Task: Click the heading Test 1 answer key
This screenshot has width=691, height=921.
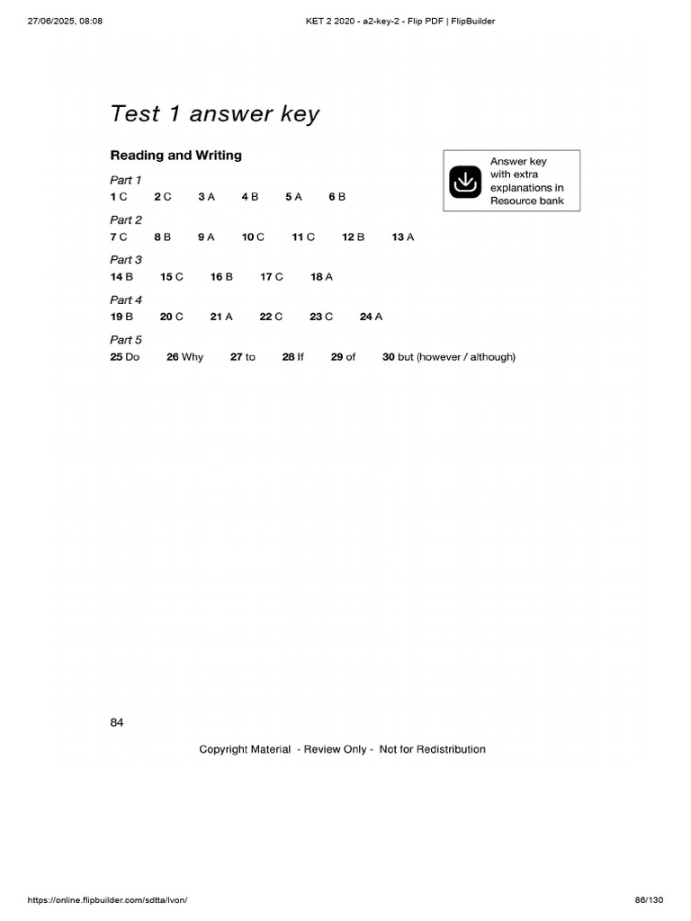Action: (214, 114)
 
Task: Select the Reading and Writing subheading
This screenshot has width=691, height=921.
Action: (175, 156)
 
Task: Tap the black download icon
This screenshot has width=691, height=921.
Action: (465, 181)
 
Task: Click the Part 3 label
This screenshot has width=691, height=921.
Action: (126, 260)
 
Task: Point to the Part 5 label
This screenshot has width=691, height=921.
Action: (126, 340)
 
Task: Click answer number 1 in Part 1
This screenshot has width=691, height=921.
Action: (118, 196)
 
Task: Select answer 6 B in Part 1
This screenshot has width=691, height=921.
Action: (337, 196)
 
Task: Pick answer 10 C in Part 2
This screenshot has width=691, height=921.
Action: (253, 237)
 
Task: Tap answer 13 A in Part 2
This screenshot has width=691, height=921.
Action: (403, 237)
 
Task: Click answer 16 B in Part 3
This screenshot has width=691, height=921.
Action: (221, 277)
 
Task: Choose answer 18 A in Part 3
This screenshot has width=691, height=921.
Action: (321, 277)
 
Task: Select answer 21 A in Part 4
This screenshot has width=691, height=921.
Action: (221, 317)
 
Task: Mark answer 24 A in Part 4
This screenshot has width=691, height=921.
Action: (371, 317)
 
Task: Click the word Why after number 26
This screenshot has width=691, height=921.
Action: (193, 357)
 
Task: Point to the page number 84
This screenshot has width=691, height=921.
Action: (117, 722)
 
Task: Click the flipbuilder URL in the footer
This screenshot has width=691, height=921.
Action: (107, 900)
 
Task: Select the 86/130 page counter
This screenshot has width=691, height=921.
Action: (649, 900)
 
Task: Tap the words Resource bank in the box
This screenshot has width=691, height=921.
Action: (526, 201)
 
